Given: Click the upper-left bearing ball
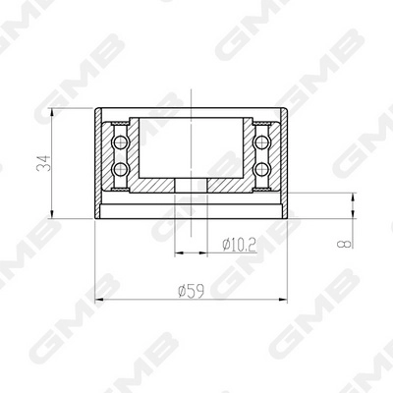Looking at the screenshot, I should [121, 143].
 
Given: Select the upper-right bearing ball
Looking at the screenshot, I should [263, 143].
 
